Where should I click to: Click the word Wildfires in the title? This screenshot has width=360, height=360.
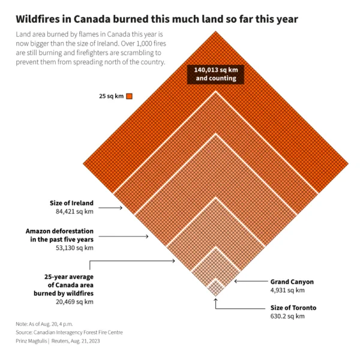(x=37, y=19)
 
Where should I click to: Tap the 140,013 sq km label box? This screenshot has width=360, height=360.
(x=215, y=74)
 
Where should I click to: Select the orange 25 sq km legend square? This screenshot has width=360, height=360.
(x=130, y=96)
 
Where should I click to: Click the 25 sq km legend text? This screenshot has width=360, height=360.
(x=112, y=96)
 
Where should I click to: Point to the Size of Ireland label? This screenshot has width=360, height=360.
(x=71, y=203)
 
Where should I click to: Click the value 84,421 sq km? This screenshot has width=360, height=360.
(x=74, y=211)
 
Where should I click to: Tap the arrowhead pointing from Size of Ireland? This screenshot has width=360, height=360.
(x=121, y=208)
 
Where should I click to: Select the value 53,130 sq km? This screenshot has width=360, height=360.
(x=74, y=248)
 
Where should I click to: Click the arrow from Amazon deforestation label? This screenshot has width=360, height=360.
(x=124, y=236)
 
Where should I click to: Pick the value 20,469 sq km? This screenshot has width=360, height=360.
(x=74, y=302)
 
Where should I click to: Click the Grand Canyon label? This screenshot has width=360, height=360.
(x=292, y=282)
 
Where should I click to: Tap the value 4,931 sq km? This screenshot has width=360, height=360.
(x=287, y=290)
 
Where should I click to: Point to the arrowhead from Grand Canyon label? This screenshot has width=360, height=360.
(x=236, y=281)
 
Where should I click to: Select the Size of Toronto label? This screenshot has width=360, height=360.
(x=293, y=308)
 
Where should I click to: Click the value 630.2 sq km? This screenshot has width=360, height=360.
(x=287, y=316)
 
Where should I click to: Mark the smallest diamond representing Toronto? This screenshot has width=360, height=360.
(x=215, y=288)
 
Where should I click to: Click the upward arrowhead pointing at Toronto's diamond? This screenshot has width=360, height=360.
(x=215, y=301)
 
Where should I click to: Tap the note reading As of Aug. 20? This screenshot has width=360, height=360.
(x=44, y=324)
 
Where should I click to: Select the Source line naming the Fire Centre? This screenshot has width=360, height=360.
(x=70, y=332)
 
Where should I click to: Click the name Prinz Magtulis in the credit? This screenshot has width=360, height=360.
(x=31, y=341)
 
